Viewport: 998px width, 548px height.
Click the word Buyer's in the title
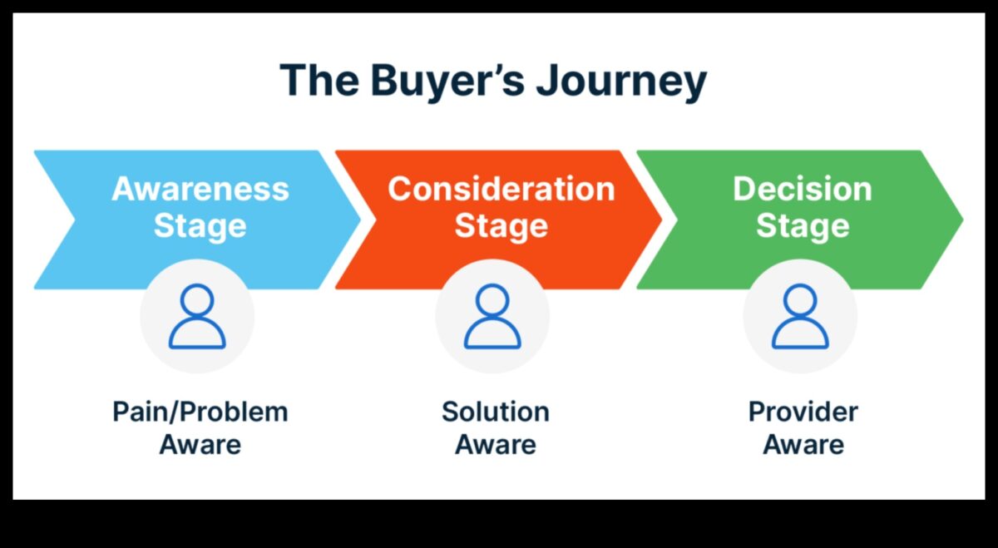[440, 81]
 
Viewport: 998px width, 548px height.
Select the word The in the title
[316, 81]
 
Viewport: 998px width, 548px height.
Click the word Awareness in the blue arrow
[200, 189]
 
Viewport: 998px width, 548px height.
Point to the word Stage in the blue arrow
[200, 225]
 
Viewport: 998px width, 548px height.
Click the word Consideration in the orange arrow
[501, 189]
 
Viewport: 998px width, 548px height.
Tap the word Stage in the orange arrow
[501, 225]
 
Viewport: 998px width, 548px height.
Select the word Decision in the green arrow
[802, 189]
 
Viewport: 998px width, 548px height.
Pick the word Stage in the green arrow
[802, 225]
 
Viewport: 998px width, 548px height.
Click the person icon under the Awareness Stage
[197, 317]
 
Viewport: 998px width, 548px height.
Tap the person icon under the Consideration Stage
[492, 317]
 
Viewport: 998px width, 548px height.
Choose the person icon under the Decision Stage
[800, 317]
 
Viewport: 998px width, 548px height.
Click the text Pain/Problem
[200, 412]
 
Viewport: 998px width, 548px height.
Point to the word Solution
[495, 412]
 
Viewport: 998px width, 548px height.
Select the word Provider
[803, 412]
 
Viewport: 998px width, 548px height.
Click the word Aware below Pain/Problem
[200, 444]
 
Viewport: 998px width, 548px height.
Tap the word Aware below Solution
[495, 444]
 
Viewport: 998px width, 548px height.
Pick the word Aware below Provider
[803, 444]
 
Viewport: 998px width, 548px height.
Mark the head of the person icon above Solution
[492, 301]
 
